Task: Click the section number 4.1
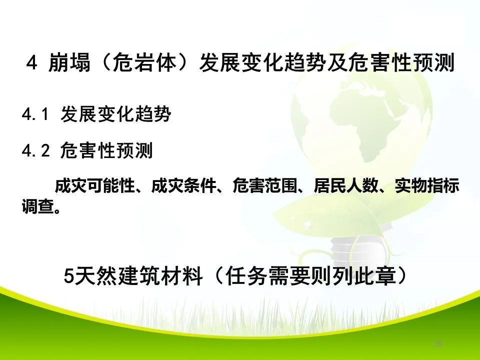(x=34, y=115)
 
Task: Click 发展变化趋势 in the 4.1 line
(x=115, y=115)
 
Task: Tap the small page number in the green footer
(x=438, y=343)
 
